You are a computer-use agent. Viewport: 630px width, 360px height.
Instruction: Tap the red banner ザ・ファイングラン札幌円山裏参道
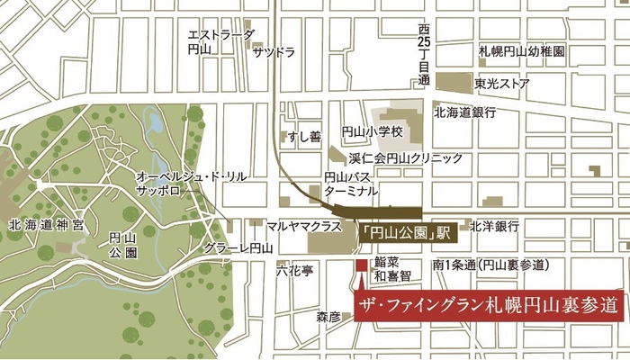click(487, 304)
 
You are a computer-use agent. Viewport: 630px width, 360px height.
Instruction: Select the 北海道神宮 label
click(44, 224)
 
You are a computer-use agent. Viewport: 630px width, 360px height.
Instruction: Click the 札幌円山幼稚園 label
click(521, 52)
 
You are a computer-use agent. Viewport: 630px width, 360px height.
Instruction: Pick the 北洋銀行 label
click(494, 225)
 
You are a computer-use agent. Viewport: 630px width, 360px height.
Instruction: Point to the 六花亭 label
click(293, 267)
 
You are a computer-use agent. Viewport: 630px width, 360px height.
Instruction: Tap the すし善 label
click(303, 137)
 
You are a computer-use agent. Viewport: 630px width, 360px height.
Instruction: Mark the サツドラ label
click(274, 52)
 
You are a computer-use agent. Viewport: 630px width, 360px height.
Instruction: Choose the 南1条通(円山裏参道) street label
click(490, 265)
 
